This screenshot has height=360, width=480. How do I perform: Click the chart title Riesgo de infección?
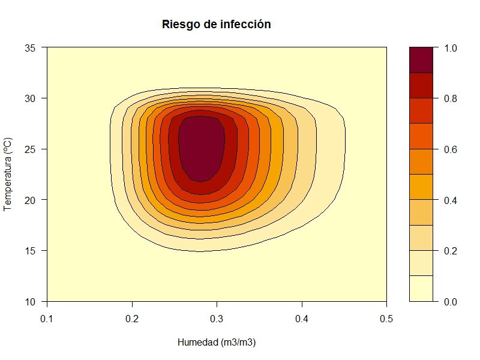click(x=217, y=25)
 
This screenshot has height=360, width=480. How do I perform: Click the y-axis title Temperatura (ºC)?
click(x=8, y=175)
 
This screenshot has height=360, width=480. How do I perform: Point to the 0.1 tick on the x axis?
click(x=47, y=317)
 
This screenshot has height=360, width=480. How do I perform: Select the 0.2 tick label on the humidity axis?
click(x=132, y=317)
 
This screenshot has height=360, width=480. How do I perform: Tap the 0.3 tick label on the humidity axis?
click(x=217, y=317)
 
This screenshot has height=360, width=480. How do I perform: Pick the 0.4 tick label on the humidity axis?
click(x=302, y=317)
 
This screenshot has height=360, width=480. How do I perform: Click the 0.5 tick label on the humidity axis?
click(x=386, y=317)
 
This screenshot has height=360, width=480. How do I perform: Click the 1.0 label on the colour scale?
click(x=449, y=47)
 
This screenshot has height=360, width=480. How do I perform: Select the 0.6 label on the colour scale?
click(x=449, y=149)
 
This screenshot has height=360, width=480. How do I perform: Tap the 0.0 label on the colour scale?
click(x=449, y=301)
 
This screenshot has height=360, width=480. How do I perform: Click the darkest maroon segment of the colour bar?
click(x=421, y=60)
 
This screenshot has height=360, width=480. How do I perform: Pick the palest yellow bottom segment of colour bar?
click(x=421, y=288)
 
